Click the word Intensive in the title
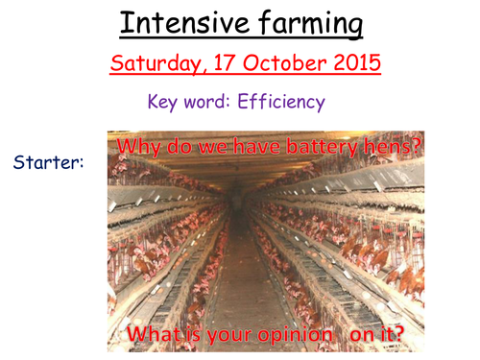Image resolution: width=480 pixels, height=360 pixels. pos(179,23)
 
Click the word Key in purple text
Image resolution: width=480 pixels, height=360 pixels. pos(163,100)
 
